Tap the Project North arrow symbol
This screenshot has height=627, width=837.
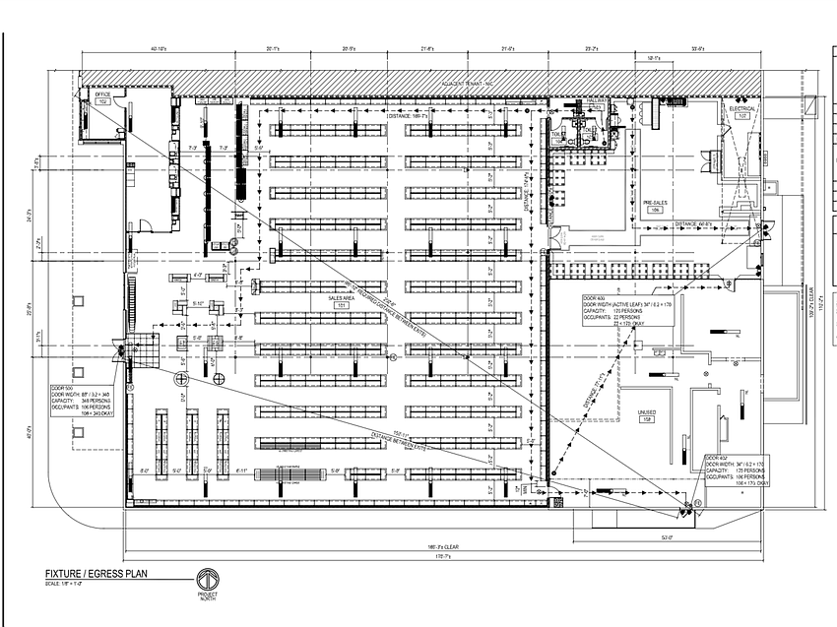point(208,580)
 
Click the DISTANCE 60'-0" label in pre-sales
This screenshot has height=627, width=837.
point(697,224)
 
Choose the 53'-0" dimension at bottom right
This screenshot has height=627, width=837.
point(668,536)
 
